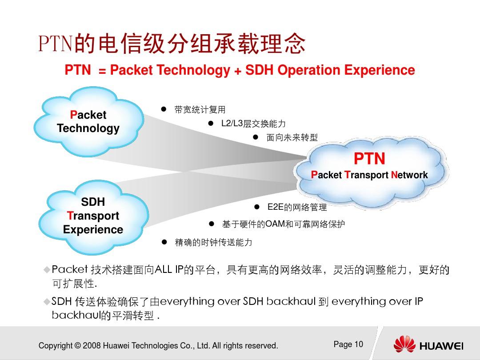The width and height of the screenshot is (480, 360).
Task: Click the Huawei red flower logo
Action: point(404,344)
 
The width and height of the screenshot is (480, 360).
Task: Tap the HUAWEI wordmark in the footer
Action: point(441,346)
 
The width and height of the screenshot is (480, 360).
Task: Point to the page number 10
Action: point(359,344)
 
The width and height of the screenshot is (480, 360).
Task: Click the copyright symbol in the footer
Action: point(78,346)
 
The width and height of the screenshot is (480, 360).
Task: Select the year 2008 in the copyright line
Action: point(92,346)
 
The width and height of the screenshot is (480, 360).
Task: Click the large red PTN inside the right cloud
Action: point(369,159)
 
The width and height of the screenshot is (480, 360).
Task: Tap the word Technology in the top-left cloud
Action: point(88,128)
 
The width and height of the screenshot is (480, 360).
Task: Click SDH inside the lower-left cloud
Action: point(93,202)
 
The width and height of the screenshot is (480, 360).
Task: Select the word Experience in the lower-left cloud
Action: point(93,229)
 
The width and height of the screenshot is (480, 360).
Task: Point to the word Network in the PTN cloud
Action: point(409,175)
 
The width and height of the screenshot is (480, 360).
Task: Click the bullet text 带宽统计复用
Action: point(200,110)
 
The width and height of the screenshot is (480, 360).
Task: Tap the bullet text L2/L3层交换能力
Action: point(253,124)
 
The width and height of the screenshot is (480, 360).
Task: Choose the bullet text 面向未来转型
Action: point(292,137)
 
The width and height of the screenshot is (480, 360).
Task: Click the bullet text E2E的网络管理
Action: point(297,207)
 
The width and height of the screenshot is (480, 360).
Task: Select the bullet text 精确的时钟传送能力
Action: point(213,243)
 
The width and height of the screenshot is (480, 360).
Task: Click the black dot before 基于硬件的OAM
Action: point(211,224)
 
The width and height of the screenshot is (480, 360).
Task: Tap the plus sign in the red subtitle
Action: point(237,71)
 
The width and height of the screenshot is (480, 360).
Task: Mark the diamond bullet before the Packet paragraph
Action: point(47,270)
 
